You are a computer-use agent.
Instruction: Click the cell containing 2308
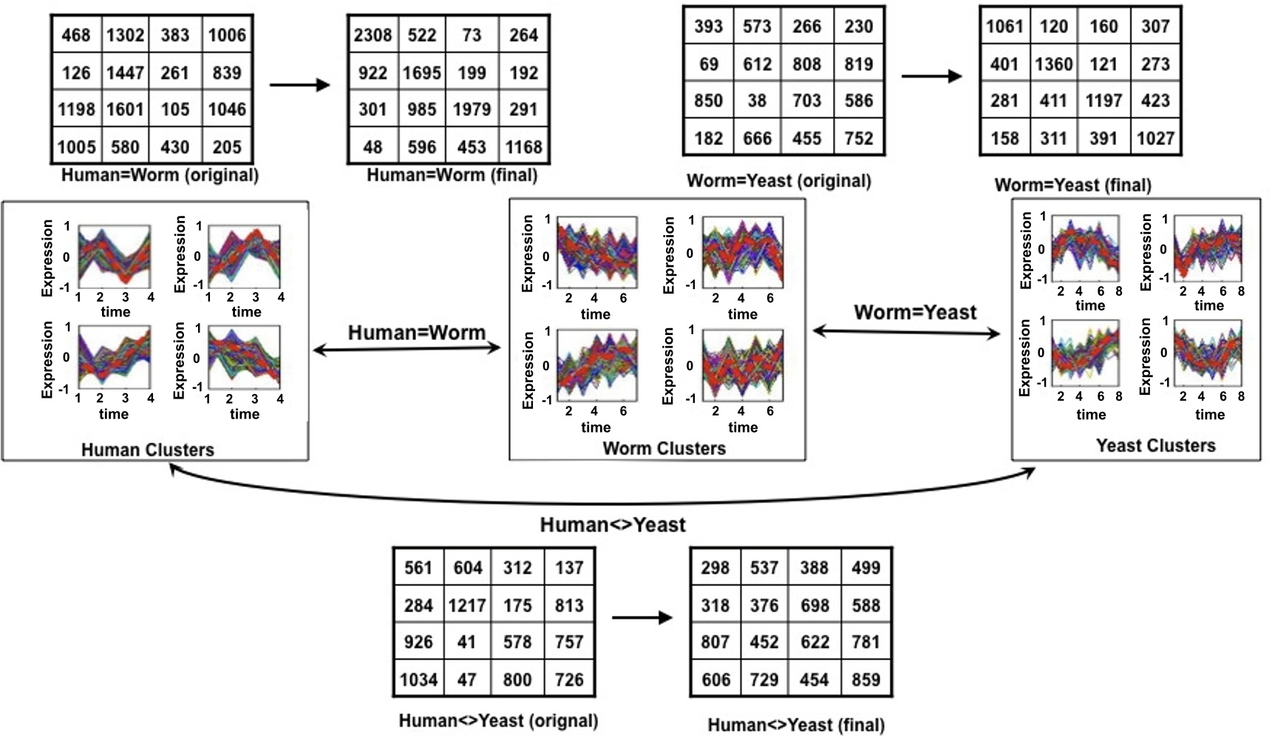point(373,35)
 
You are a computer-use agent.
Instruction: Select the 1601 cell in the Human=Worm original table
point(125,109)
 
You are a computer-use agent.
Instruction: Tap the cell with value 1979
point(472,109)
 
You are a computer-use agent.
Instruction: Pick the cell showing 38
point(757,101)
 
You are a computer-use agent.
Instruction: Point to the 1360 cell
point(1053,64)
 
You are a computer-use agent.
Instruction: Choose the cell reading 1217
point(466,606)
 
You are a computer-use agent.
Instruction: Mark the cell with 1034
point(418,679)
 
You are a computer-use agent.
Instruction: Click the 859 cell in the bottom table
point(865,679)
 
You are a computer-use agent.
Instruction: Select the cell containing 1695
point(422,73)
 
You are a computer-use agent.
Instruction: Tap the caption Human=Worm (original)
point(160,175)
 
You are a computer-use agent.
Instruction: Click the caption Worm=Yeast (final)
point(1072,185)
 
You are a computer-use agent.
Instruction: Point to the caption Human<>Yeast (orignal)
point(498,720)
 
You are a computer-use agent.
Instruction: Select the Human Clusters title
point(148,449)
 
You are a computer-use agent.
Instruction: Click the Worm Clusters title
point(664,448)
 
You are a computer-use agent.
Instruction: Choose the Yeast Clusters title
point(1155,445)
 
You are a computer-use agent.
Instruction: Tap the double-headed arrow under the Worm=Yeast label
point(906,333)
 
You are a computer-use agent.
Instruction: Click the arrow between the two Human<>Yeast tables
point(642,617)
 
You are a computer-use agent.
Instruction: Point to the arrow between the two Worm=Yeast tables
point(931,75)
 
